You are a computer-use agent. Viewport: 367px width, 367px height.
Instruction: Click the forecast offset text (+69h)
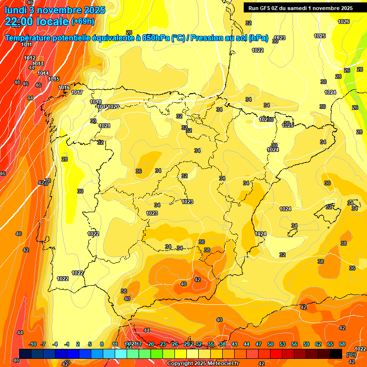tap(83, 21)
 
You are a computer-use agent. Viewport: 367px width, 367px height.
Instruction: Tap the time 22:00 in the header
tap(20, 21)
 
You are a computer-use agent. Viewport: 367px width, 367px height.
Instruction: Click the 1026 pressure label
tap(344, 22)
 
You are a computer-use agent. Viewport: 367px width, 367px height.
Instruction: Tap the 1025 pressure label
tap(320, 36)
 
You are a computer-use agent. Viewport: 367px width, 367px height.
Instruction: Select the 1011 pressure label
tap(27, 44)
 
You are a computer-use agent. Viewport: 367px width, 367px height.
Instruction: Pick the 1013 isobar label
tap(38, 64)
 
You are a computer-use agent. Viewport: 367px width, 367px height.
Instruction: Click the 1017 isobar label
tap(77, 92)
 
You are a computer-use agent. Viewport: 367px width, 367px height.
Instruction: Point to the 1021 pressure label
tap(105, 126)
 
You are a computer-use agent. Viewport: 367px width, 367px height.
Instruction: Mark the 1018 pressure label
tap(96, 102)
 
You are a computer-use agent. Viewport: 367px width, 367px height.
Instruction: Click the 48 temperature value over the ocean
tap(17, 82)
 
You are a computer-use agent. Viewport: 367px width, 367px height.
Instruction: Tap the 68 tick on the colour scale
tap(342, 344)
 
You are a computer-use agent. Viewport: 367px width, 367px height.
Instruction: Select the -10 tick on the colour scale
tap(33, 344)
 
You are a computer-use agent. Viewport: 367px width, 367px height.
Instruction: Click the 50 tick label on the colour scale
tap(270, 344)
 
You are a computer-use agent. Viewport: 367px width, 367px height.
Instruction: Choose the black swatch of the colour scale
tap(336, 354)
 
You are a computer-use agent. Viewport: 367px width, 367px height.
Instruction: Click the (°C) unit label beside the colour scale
tap(351, 355)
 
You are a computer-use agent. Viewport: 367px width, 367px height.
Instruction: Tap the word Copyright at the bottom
tap(181, 364)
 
